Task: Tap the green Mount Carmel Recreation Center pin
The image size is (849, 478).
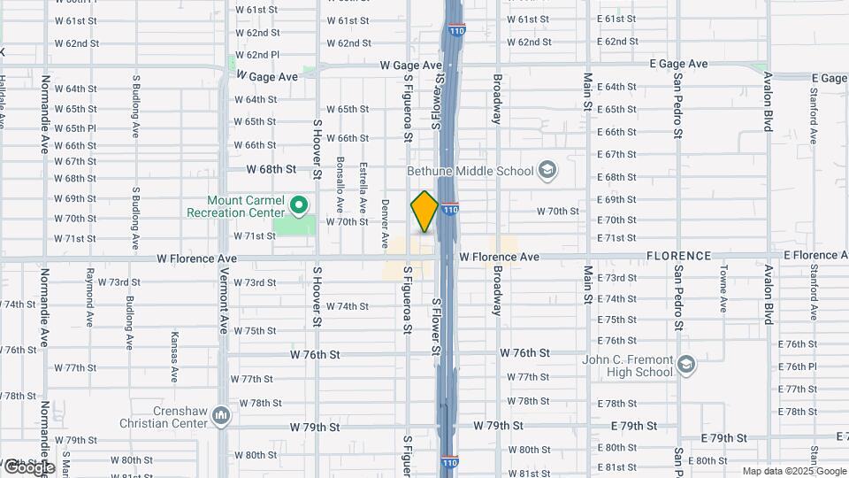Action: pyautogui.click(x=299, y=205)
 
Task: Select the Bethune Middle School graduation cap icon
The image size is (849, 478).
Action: pyautogui.click(x=547, y=171)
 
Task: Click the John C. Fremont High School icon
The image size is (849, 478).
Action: pyautogui.click(x=687, y=365)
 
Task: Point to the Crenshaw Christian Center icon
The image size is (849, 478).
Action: pyautogui.click(x=221, y=414)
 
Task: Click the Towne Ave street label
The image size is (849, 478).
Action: pyautogui.click(x=723, y=289)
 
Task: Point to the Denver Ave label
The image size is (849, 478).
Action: pyautogui.click(x=385, y=222)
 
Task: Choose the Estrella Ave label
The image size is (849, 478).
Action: pyautogui.click(x=363, y=182)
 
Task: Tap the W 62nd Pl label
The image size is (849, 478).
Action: pyautogui.click(x=257, y=55)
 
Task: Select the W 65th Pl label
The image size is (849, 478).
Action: pyautogui.click(x=75, y=127)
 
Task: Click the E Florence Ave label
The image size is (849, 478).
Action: pyautogui.click(x=815, y=256)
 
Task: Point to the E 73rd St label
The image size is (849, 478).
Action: pyautogui.click(x=616, y=278)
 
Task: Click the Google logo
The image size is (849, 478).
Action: pyautogui.click(x=28, y=466)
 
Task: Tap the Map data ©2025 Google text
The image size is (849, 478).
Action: pyautogui.click(x=793, y=471)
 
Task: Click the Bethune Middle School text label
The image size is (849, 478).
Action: pyautogui.click(x=470, y=171)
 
